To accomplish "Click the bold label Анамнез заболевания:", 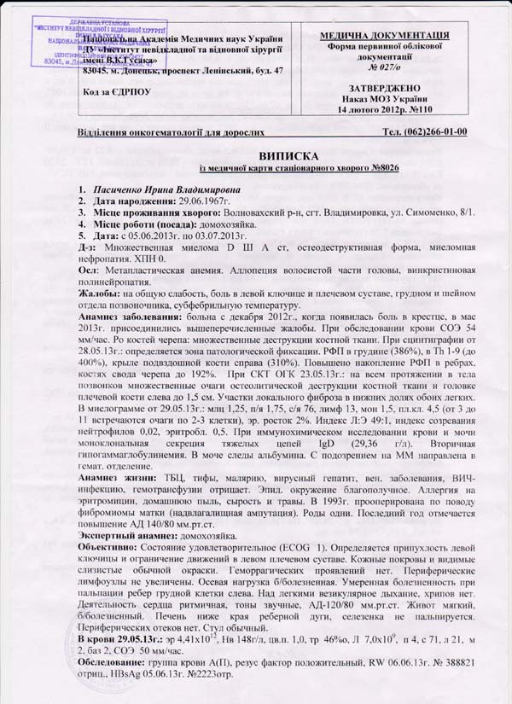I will (131, 317).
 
